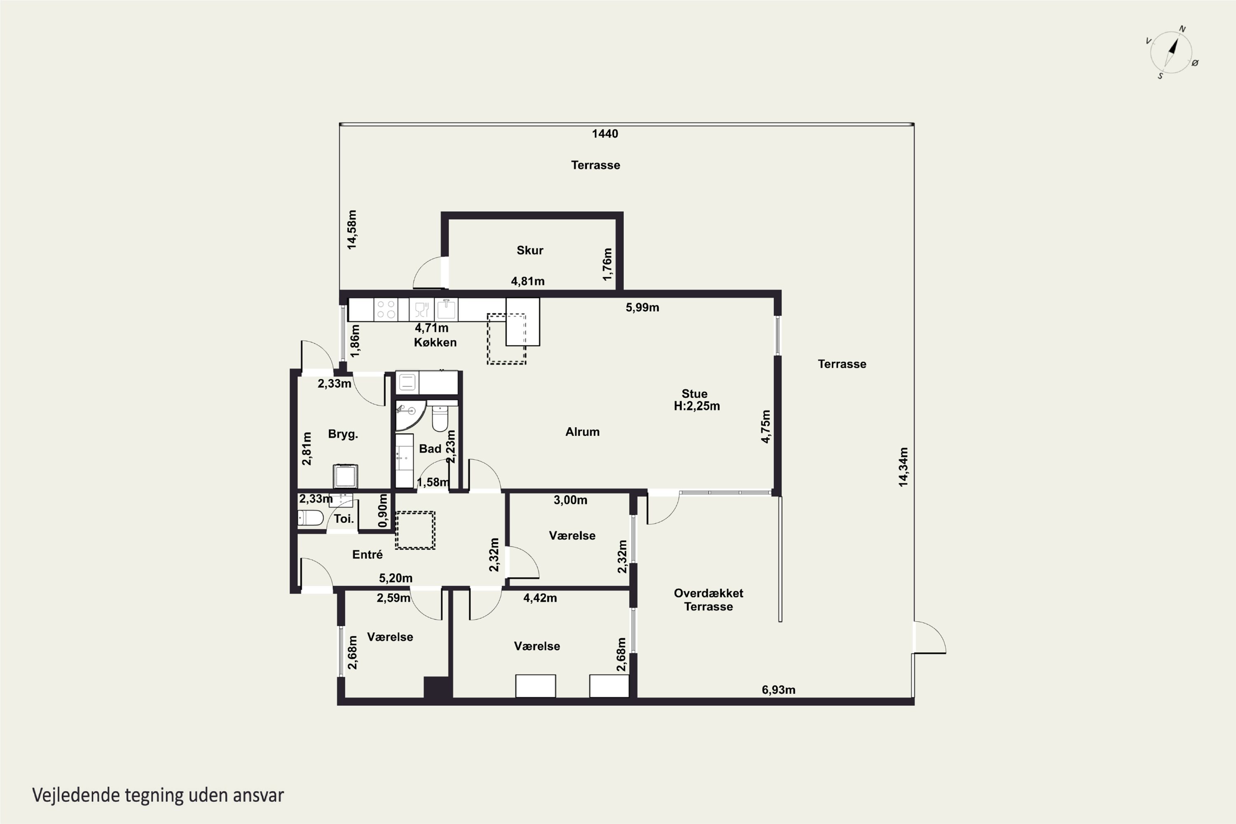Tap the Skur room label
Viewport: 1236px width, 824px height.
coord(530,250)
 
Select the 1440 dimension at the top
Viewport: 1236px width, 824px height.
coord(605,133)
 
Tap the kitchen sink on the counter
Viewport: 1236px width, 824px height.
coord(446,309)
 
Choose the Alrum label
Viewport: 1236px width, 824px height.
coord(582,432)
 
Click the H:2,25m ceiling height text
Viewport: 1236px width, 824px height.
coord(697,406)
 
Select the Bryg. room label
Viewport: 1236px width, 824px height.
coord(343,434)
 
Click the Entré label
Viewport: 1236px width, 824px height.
coord(368,555)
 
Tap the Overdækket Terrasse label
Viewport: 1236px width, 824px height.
coord(708,599)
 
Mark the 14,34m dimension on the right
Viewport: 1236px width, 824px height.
coord(903,467)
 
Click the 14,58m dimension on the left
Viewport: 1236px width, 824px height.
coord(351,229)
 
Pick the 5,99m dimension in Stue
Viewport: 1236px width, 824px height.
coord(642,307)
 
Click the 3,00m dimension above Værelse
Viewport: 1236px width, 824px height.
coord(570,500)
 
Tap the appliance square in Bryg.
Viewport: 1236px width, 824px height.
coord(345,476)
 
